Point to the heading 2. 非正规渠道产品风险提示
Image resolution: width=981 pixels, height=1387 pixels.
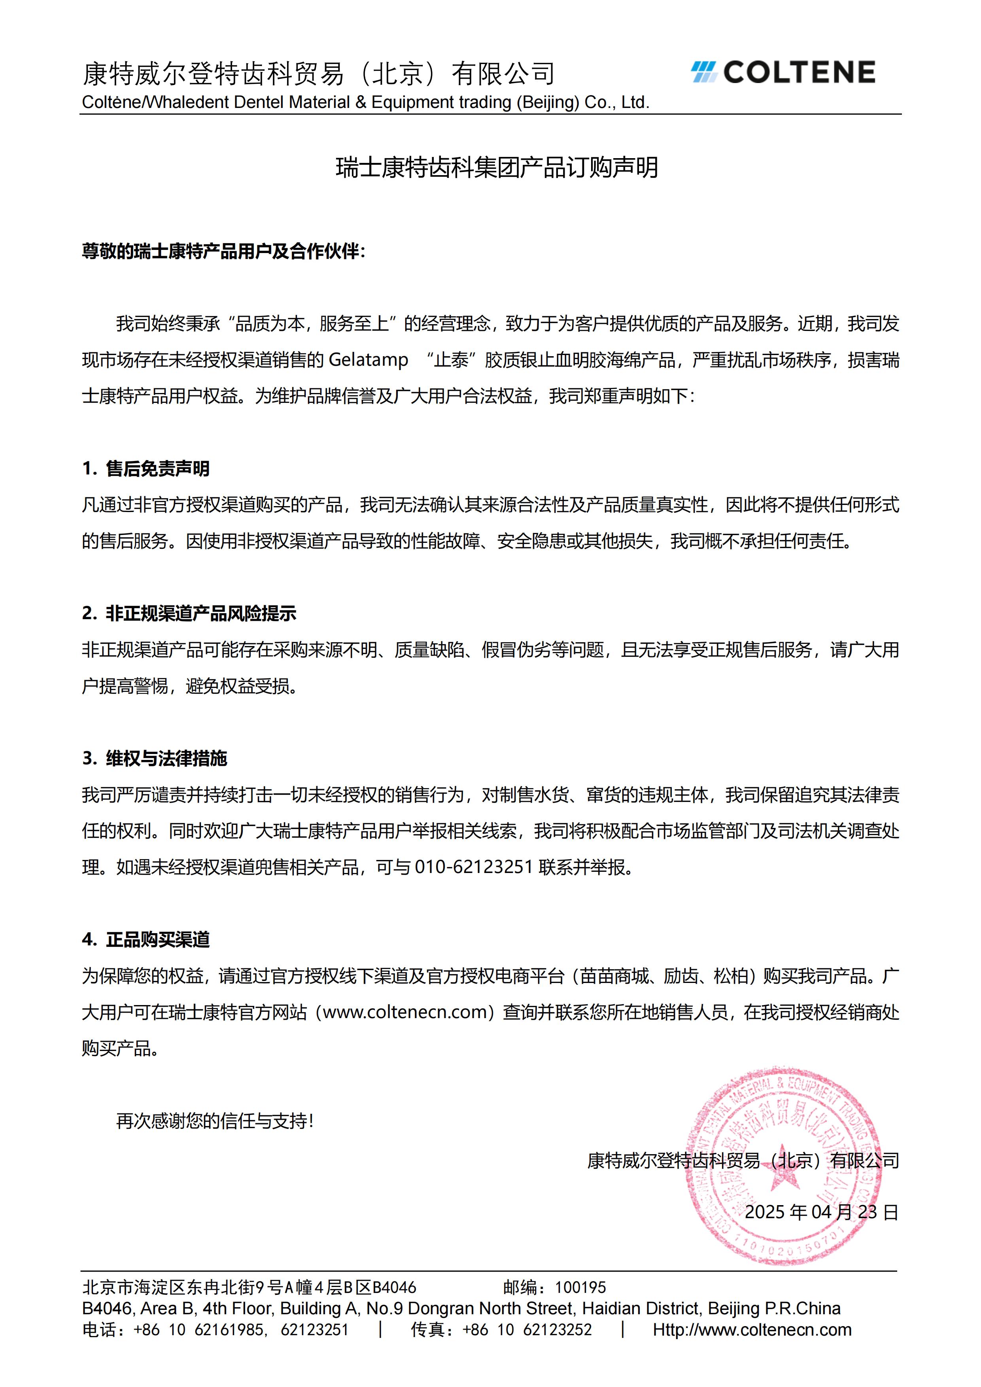click(x=189, y=613)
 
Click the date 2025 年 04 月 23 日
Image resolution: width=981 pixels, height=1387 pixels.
click(x=822, y=1212)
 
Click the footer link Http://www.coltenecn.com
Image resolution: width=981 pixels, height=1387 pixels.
click(x=752, y=1330)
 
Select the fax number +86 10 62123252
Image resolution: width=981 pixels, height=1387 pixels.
click(x=527, y=1330)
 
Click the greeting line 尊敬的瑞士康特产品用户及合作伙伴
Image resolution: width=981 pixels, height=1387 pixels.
click(x=223, y=251)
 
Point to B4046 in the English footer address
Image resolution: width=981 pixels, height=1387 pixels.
click(x=106, y=1308)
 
